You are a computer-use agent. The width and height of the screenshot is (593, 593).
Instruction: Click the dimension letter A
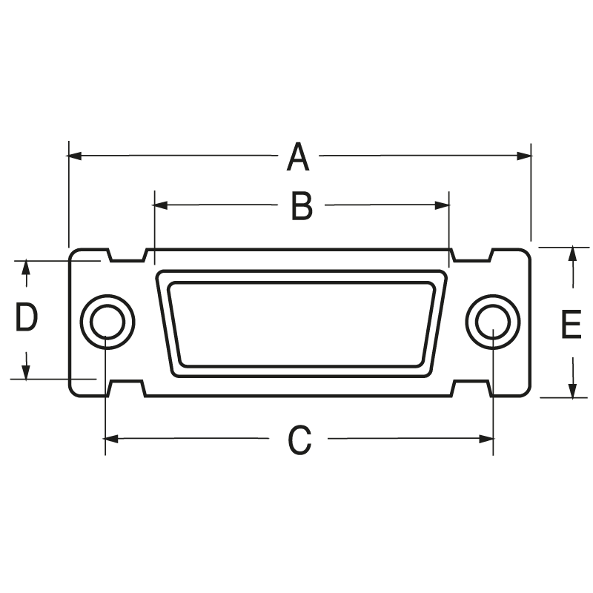[x=297, y=157]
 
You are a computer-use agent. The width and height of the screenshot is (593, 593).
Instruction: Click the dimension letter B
[x=301, y=206]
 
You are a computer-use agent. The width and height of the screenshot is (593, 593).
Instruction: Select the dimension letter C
[x=299, y=440]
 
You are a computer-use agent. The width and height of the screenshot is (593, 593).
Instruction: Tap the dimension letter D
[x=27, y=319]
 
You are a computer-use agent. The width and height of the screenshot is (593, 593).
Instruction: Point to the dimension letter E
[x=571, y=325]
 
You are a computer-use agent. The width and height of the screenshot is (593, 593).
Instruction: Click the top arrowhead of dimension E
[x=572, y=254]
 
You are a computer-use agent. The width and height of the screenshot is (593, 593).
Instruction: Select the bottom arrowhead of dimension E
[x=572, y=391]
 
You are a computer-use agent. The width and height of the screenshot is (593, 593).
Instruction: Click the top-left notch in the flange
[x=127, y=256]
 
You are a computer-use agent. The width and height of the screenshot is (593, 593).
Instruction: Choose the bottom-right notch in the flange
[x=472, y=388]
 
